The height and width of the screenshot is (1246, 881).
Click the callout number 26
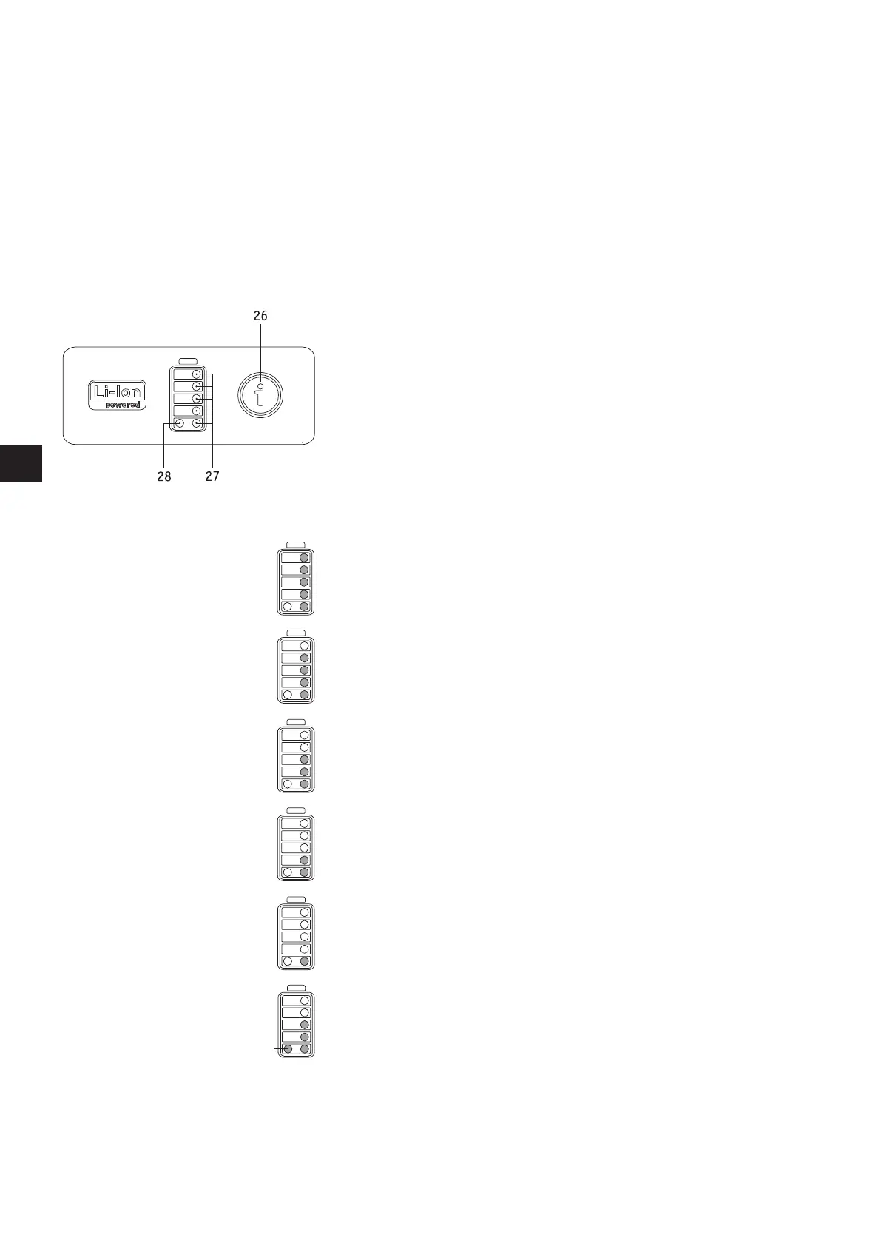tap(260, 316)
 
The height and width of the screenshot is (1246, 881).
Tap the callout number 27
tap(212, 476)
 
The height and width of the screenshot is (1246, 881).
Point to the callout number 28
tap(164, 476)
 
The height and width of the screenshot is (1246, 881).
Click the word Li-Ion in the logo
tap(118, 391)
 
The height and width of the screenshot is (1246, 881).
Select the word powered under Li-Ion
tap(123, 405)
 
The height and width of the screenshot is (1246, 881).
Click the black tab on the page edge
tap(21, 463)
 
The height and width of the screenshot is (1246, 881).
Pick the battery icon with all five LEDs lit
tap(296, 582)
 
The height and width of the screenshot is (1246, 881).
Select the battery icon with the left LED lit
tap(296, 1025)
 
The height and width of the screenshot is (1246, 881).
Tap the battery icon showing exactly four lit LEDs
tap(296, 670)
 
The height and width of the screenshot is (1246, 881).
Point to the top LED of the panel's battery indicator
tap(197, 374)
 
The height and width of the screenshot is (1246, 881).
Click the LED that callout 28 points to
tap(180, 423)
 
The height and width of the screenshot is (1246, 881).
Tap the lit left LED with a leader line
tap(288, 1049)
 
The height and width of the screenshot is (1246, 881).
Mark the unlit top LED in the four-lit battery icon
tap(304, 646)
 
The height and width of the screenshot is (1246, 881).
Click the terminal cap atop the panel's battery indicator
tap(188, 361)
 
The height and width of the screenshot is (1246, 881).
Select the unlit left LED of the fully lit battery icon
tap(288, 607)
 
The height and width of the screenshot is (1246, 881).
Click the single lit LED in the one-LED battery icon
tap(304, 961)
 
